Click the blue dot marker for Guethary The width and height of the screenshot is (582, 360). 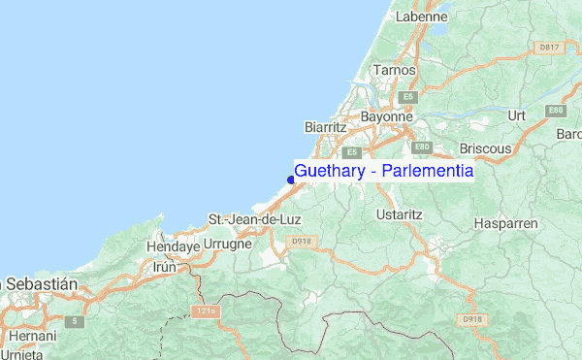point(291,178)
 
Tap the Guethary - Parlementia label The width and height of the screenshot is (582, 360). point(384,171)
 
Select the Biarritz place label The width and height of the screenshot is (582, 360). point(325,127)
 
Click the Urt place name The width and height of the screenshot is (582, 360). point(516,115)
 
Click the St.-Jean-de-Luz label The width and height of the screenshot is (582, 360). point(255,219)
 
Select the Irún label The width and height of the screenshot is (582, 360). point(165,267)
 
